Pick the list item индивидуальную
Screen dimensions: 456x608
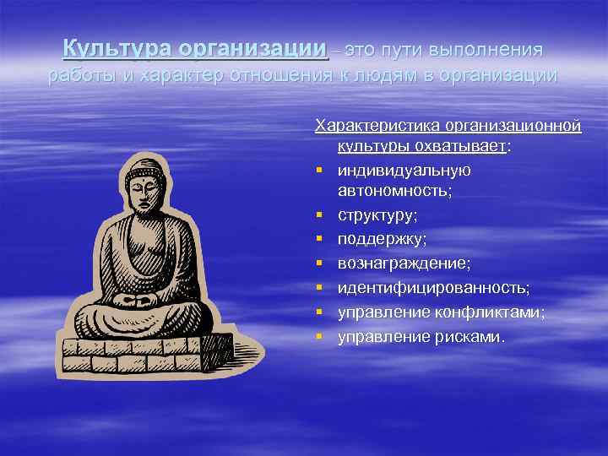coord(404,170)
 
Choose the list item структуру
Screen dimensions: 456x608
coord(377,216)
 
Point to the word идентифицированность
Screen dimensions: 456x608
coord(433,289)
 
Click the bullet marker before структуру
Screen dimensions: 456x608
coord(320,216)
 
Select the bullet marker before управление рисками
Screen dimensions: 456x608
coord(320,337)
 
